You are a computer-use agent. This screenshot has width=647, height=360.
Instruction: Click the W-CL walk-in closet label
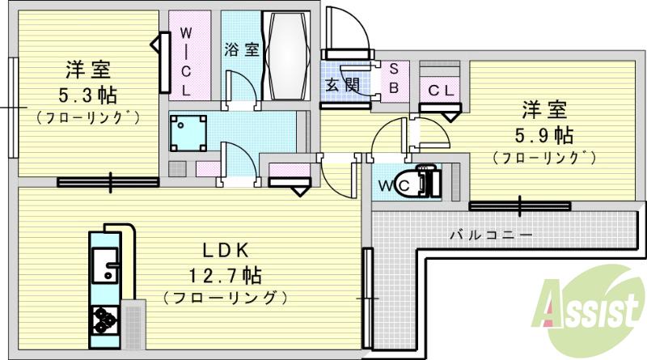[x=185, y=61]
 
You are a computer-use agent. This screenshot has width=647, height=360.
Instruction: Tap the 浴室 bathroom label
[x=241, y=49]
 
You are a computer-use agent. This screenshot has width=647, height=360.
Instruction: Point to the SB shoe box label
[x=394, y=78]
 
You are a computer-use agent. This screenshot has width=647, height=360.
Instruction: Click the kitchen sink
[x=104, y=265]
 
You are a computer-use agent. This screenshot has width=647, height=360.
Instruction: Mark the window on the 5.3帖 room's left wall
[x=13, y=107]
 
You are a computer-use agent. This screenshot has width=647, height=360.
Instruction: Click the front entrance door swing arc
[x=356, y=32]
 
